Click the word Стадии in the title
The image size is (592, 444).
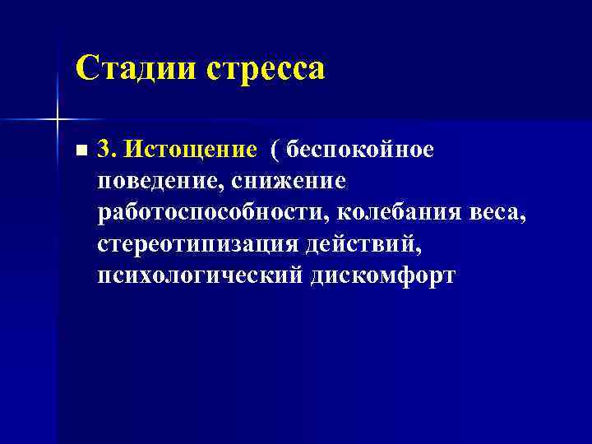click(x=135, y=68)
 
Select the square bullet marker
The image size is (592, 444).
click(x=79, y=151)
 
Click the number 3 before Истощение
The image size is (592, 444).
click(x=104, y=149)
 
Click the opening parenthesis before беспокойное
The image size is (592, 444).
click(x=275, y=150)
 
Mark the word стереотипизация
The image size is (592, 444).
click(x=197, y=244)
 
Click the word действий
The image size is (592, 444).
click(x=358, y=244)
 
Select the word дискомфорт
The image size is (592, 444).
click(x=383, y=275)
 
